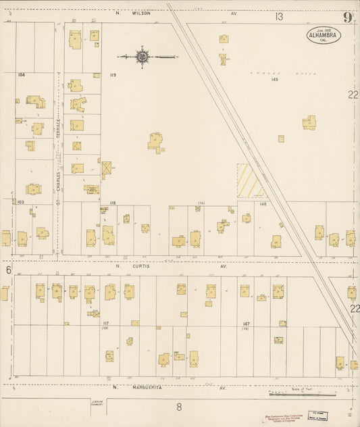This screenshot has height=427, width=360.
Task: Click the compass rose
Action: coord(143,57)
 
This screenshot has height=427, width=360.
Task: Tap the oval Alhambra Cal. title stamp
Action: coord(323,35)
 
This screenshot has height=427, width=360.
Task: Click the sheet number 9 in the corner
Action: coord(347,18)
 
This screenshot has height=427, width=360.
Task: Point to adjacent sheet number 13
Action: coord(279,16)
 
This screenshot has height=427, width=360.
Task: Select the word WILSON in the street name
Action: coord(140,12)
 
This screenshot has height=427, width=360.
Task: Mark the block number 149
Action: coord(274,80)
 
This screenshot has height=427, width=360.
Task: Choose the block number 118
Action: coord(112,203)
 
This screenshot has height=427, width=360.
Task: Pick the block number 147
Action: coord(247,324)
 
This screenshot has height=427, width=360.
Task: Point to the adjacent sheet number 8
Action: coord(179,406)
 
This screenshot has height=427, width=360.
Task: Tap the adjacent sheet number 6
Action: coord(9,270)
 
